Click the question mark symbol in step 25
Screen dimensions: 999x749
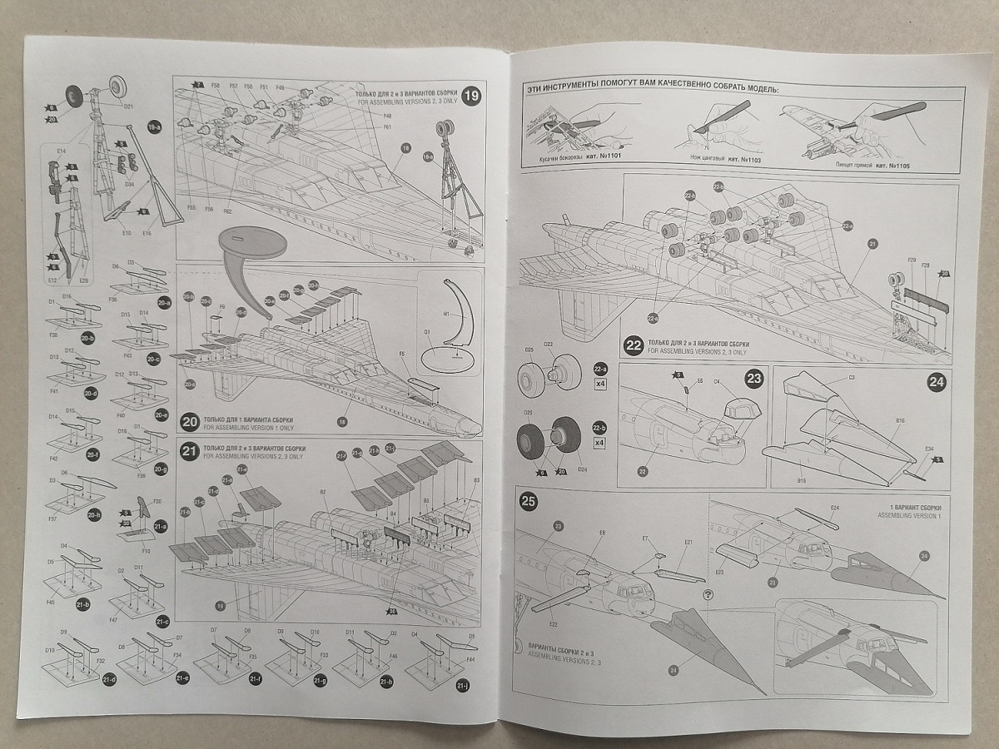(x=708, y=594)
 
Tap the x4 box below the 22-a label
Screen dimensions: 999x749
(x=600, y=384)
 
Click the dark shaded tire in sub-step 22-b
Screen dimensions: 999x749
(x=566, y=437)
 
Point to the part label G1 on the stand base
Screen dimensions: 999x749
(x=428, y=331)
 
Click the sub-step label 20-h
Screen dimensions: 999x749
(x=94, y=513)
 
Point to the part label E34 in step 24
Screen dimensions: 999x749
(x=928, y=449)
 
